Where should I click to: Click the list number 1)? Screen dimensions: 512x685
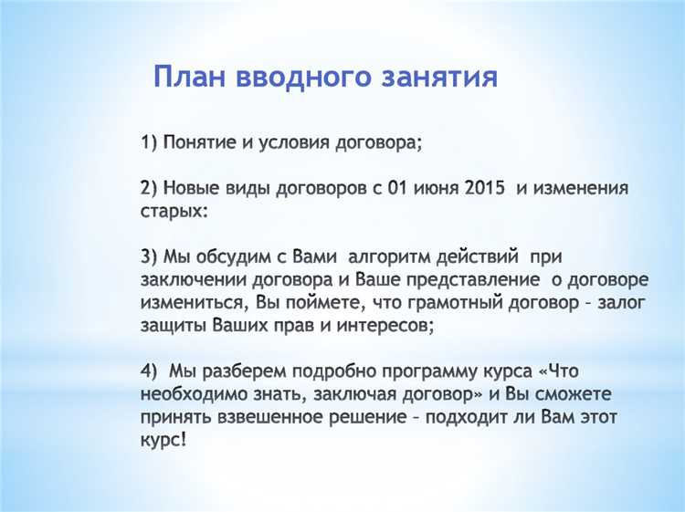(x=151, y=142)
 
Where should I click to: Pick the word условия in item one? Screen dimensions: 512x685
(x=298, y=142)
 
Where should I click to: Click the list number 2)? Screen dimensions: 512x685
(x=151, y=188)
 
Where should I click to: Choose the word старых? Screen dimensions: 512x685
(x=174, y=211)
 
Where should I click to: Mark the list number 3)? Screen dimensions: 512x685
(x=151, y=256)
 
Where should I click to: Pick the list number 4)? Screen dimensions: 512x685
(x=151, y=370)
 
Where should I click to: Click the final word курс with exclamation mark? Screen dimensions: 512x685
(x=164, y=438)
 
